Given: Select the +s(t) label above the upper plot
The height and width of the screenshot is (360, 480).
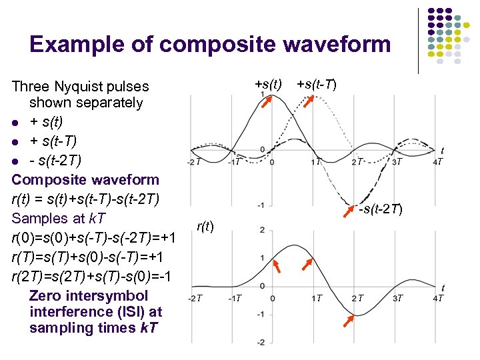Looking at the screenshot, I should coord(269,85).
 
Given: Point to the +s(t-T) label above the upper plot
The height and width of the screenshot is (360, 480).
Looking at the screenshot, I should coord(316,85).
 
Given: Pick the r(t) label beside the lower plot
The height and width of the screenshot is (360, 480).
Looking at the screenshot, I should coord(205,226).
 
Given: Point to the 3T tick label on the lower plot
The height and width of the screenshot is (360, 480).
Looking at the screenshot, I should coord(397,298).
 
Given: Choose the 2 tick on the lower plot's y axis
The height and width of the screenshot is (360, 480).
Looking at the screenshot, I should coord(263,230).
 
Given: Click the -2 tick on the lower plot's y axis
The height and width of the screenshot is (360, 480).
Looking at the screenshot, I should coord(261,342).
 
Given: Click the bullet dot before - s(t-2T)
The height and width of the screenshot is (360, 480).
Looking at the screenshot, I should coord(15,161).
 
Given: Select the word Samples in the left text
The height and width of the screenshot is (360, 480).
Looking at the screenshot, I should coord(39,218).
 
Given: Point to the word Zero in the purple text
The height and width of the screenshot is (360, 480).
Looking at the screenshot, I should coord(45,295).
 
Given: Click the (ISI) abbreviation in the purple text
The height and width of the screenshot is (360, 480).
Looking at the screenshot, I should coord(116,311).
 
